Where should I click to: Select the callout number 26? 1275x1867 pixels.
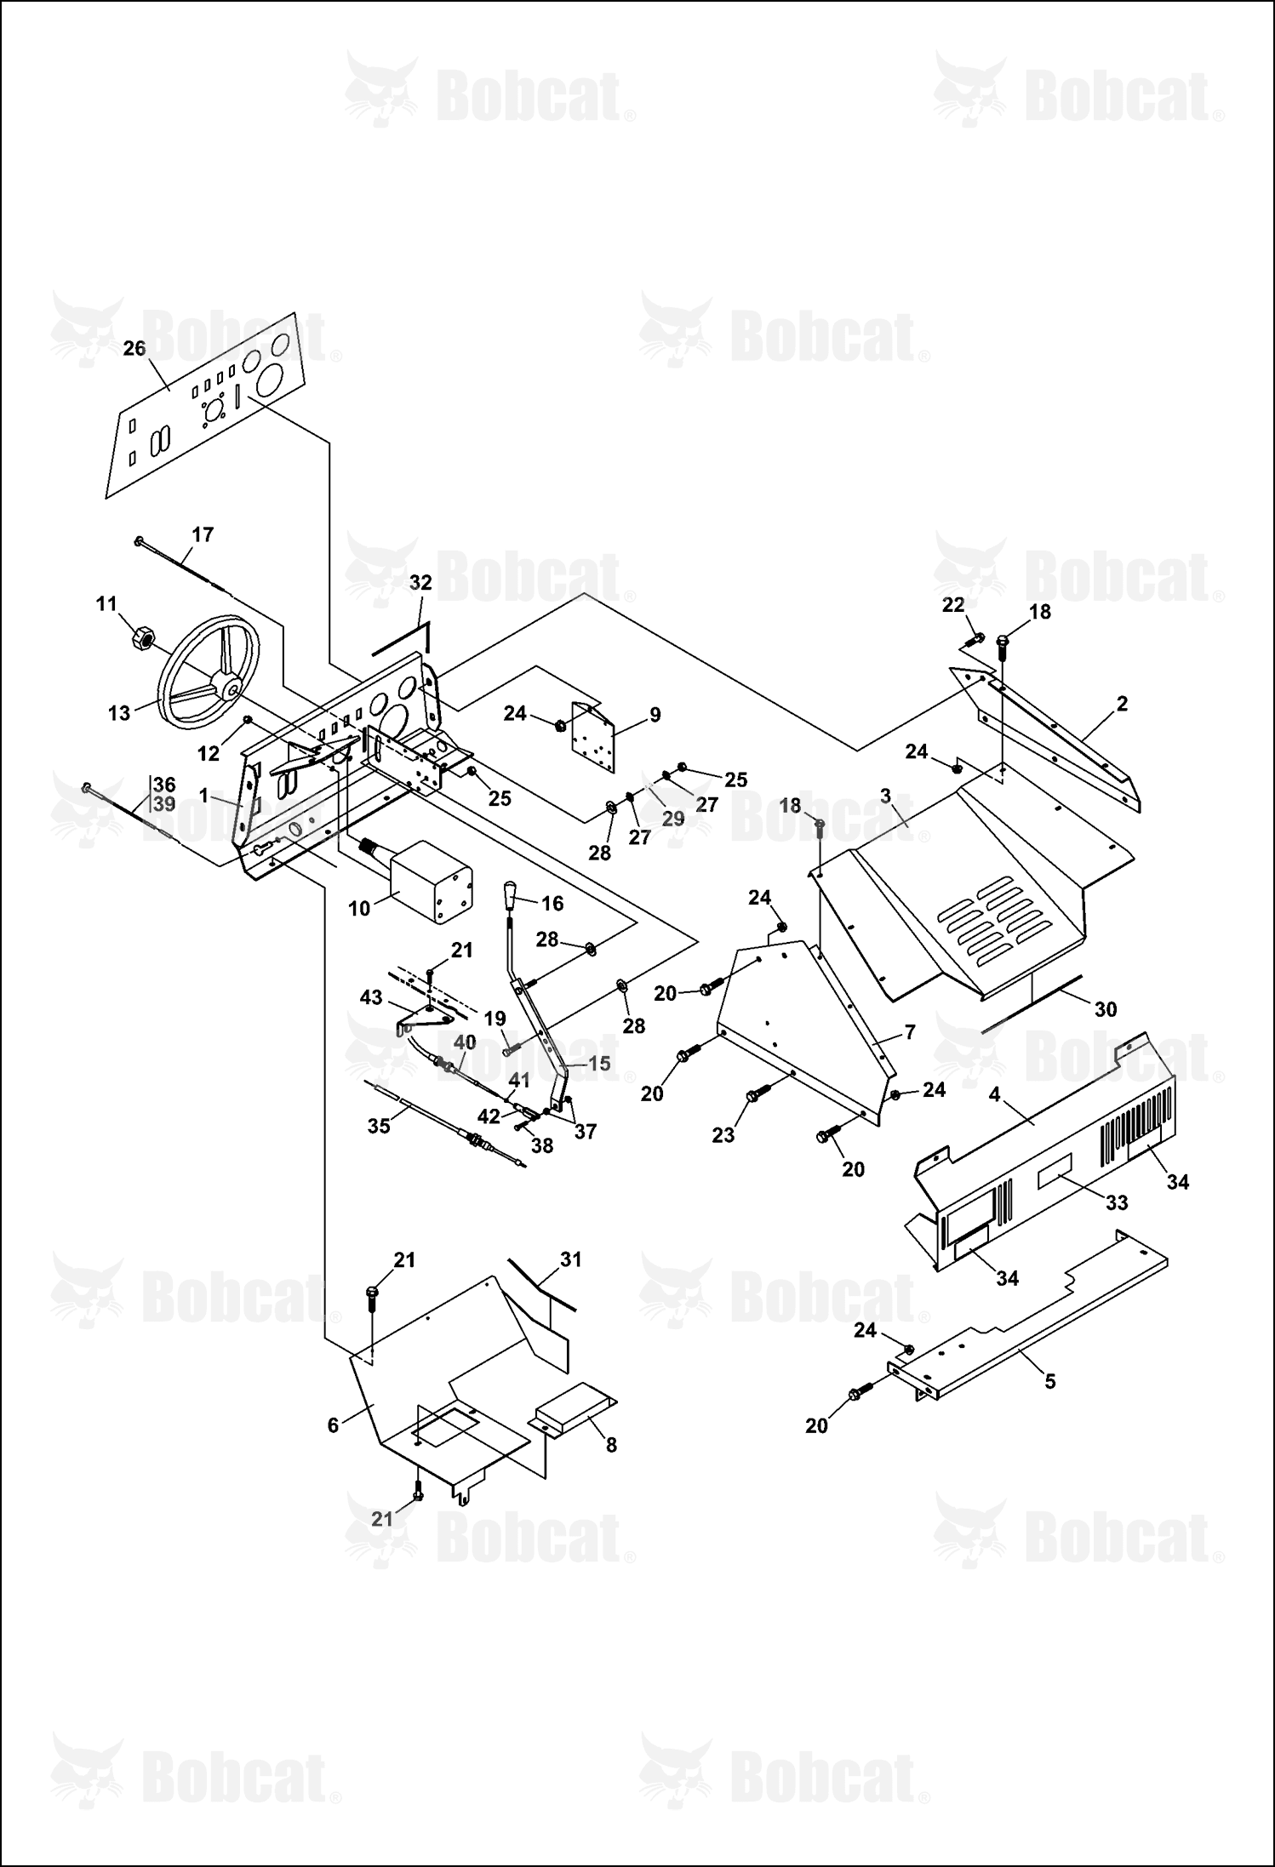coord(134,348)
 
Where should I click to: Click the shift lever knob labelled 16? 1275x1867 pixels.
coord(511,896)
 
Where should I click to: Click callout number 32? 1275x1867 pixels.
coord(420,583)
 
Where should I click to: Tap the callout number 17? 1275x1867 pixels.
coord(203,534)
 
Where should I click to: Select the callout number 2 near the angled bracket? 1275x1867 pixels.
coord(1122,704)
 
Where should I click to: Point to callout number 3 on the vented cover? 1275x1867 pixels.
coord(885,796)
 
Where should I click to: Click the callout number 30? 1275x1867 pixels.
coord(1105,1009)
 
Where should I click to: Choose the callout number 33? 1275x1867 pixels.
coord(1117,1202)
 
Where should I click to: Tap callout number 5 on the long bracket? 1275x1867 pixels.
coord(1050,1381)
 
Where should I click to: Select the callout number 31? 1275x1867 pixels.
coord(570,1259)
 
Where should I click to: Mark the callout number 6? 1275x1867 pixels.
coord(333,1425)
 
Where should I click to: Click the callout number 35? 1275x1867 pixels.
coord(379,1126)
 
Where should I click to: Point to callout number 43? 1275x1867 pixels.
coord(371,997)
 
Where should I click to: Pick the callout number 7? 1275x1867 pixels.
coord(910,1032)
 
